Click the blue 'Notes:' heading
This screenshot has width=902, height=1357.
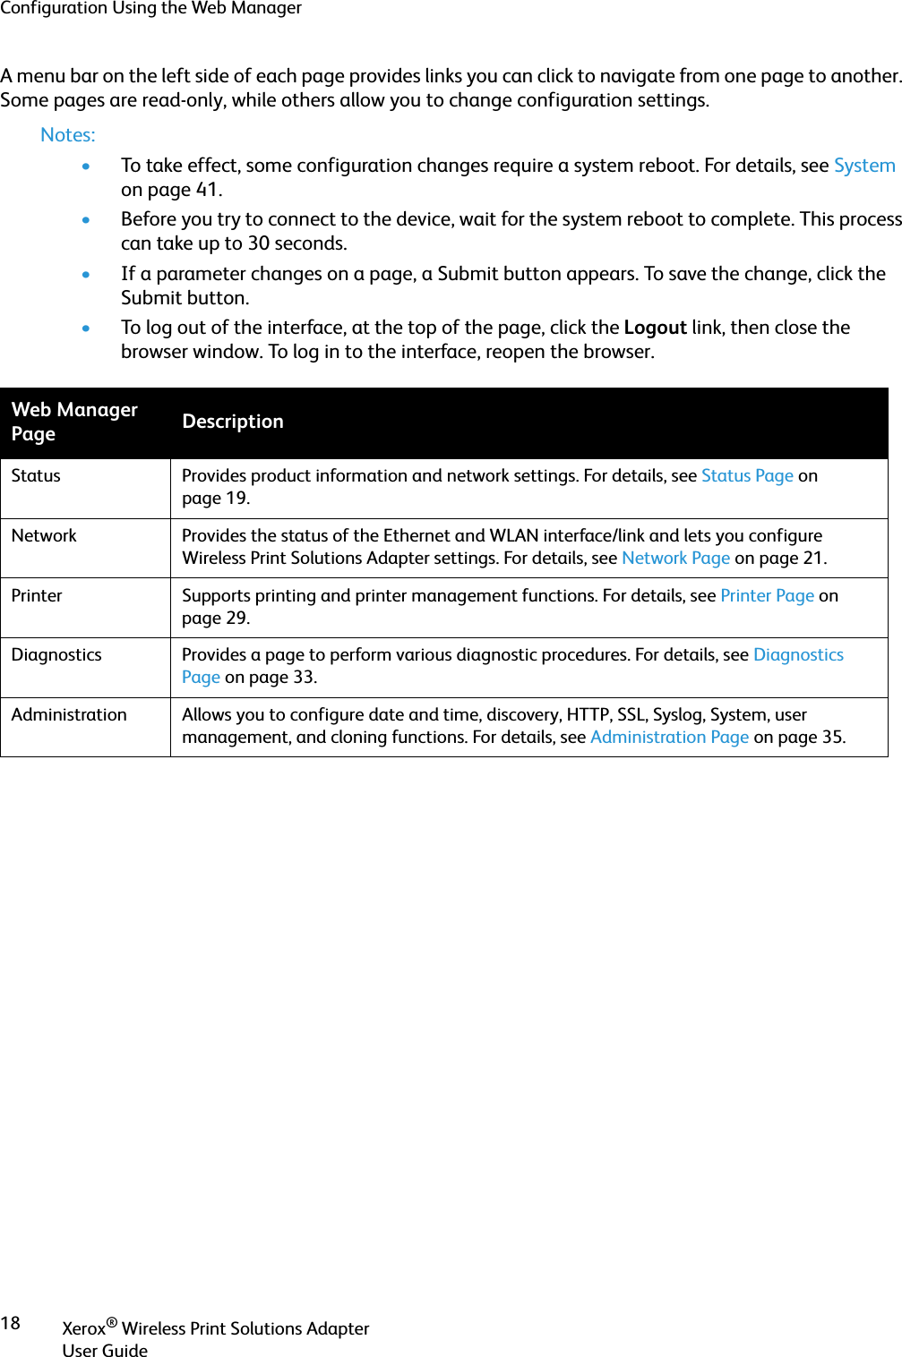(68, 135)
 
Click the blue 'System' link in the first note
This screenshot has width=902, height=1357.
(864, 166)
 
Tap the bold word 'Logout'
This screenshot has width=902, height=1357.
(655, 328)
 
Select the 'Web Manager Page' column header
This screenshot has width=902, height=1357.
(74, 422)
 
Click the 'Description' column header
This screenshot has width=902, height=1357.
(233, 422)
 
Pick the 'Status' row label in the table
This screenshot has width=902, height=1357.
(36, 476)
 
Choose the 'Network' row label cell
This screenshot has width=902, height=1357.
(44, 536)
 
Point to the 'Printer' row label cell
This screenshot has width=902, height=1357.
(37, 596)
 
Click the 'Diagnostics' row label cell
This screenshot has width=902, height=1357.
(56, 655)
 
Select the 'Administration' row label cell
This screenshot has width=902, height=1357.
(69, 715)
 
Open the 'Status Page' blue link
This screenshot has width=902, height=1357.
(747, 476)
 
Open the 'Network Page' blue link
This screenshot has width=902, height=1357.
(675, 559)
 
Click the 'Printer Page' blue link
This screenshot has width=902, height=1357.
(767, 596)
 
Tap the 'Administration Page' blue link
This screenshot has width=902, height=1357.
(669, 738)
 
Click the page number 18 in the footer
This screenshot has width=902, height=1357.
(11, 1324)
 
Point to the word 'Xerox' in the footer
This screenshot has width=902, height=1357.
(84, 1329)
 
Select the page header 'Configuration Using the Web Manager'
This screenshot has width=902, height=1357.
(151, 9)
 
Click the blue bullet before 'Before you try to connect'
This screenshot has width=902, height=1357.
(86, 220)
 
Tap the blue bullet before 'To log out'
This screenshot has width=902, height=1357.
(86, 329)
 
